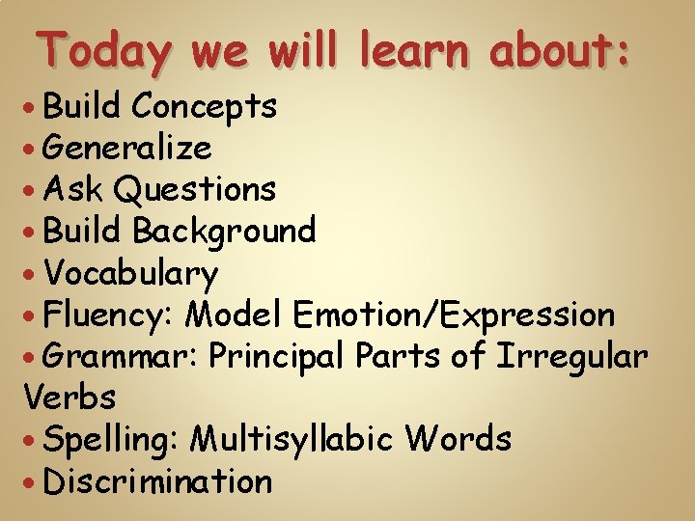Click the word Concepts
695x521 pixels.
(x=205, y=106)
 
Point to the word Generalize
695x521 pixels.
(x=127, y=148)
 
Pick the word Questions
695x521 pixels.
(x=194, y=189)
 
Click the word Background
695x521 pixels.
(x=224, y=231)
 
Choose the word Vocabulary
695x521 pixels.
(x=130, y=273)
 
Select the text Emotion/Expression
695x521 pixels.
(x=455, y=315)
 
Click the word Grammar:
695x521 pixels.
(x=121, y=356)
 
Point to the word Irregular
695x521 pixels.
(x=571, y=356)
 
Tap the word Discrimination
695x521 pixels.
(x=158, y=480)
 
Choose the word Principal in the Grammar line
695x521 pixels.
(x=277, y=356)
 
